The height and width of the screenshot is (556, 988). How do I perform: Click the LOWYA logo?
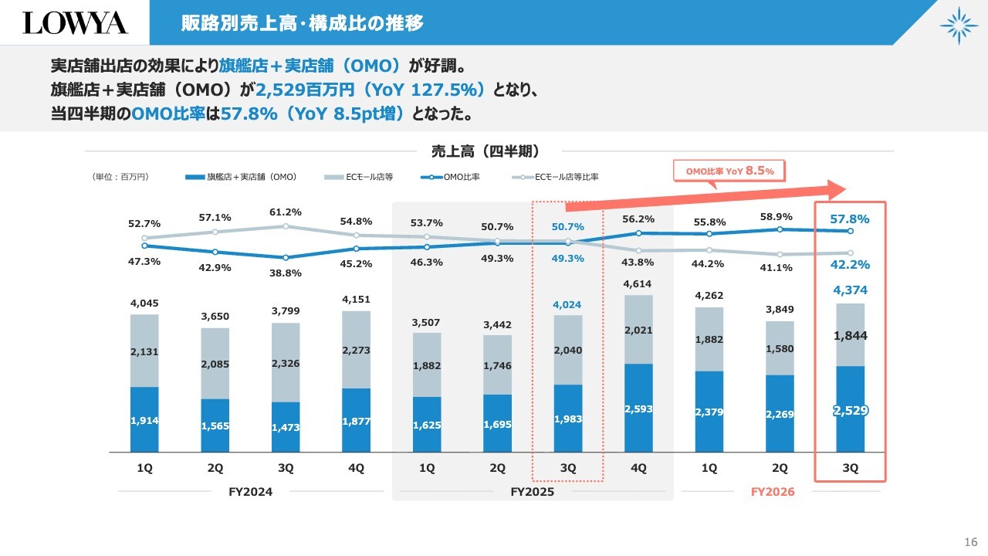click(x=75, y=22)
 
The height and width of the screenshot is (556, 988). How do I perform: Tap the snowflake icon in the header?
click(x=959, y=25)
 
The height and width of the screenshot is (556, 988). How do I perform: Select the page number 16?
click(x=971, y=540)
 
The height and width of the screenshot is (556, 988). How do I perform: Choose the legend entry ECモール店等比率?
click(x=556, y=177)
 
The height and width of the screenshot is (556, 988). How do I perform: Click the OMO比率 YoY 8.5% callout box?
click(x=729, y=170)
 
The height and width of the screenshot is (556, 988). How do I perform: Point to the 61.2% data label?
click(x=286, y=212)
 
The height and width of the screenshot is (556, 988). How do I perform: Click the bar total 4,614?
click(x=638, y=284)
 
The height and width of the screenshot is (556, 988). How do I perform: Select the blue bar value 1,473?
click(x=286, y=427)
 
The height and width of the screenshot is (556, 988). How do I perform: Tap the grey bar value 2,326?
click(x=286, y=363)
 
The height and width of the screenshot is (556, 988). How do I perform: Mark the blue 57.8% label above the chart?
click(x=850, y=219)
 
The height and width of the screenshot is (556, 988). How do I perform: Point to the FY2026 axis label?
click(x=773, y=492)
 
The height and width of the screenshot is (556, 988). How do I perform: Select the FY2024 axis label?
click(x=251, y=492)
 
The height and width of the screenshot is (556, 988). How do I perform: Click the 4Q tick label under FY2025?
click(x=638, y=468)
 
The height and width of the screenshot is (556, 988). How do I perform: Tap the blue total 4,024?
click(x=567, y=305)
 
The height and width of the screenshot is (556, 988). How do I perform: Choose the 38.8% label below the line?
click(x=286, y=273)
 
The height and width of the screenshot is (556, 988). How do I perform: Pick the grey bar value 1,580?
click(x=780, y=349)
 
